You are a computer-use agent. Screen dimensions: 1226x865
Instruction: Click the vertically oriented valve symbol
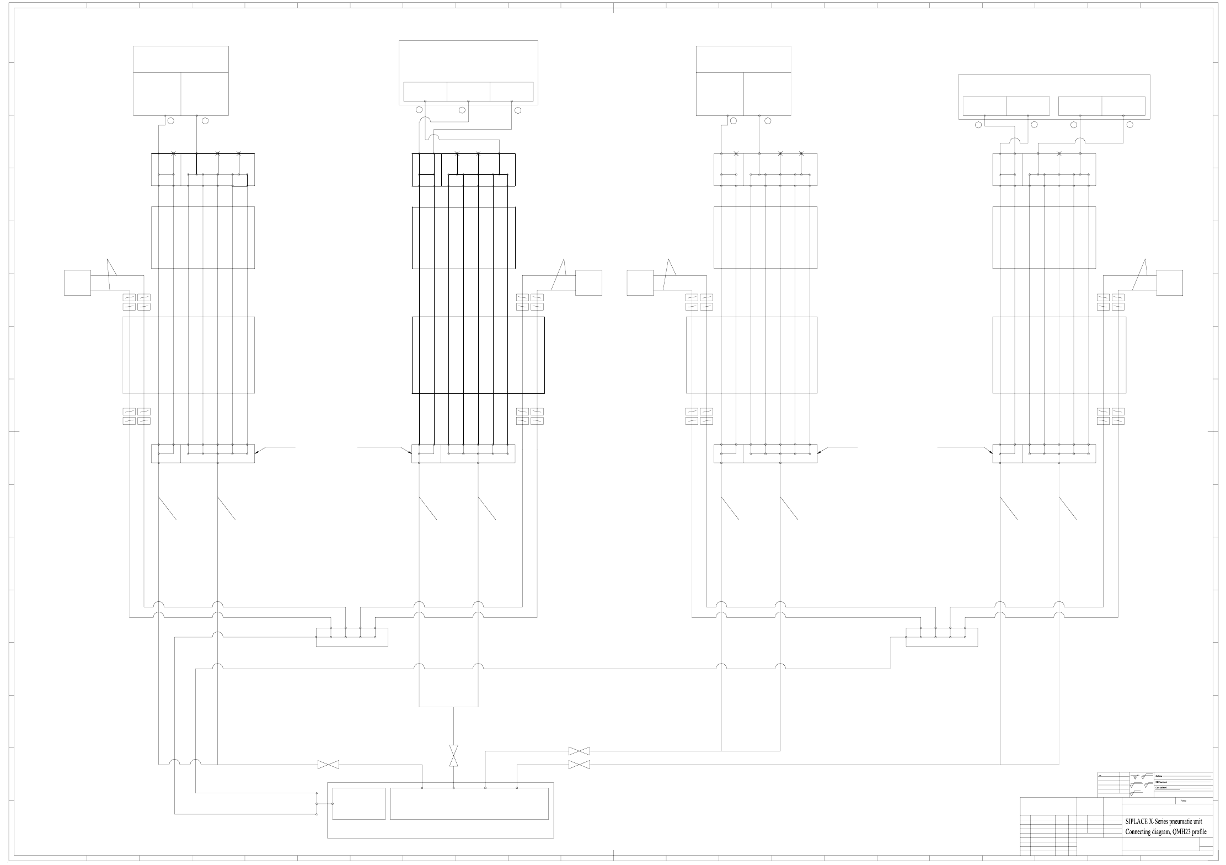(454, 755)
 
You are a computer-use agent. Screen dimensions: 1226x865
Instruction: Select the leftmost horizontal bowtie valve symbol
(328, 765)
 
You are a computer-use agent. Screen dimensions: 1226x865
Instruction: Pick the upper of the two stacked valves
(579, 751)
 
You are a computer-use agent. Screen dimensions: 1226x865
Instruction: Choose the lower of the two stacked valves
(579, 765)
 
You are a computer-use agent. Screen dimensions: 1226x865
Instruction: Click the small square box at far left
(77, 283)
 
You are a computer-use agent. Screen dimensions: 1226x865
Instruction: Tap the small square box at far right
(1169, 283)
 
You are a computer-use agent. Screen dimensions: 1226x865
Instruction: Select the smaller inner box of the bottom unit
(358, 804)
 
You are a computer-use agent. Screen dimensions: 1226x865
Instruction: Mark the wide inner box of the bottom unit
(469, 804)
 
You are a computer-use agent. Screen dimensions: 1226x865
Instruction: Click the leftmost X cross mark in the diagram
(173, 153)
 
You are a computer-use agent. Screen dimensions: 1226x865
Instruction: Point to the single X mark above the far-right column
(1058, 153)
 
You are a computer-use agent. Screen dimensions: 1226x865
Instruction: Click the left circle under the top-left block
(171, 121)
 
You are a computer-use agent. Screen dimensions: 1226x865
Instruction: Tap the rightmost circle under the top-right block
(1129, 125)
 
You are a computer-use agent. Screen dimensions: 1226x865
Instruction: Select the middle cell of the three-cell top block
(468, 92)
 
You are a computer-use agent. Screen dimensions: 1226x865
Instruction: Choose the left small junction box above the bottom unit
(352, 637)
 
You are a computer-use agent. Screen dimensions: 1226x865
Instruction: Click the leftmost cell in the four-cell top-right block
(984, 106)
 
